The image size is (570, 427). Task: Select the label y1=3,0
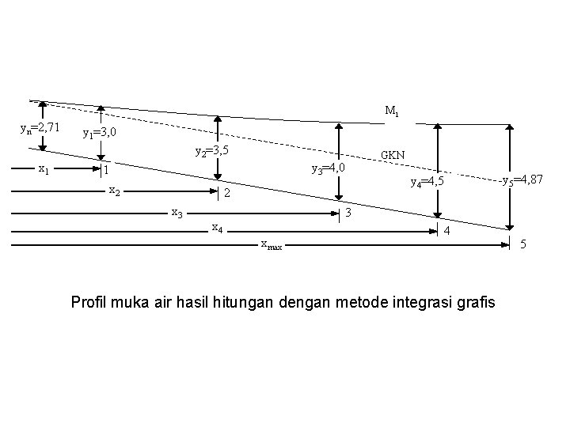click(100, 133)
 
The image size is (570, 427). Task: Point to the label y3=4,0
click(328, 168)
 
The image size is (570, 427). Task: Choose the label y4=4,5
click(431, 181)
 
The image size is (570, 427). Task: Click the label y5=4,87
click(522, 180)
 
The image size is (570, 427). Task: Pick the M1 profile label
click(392, 111)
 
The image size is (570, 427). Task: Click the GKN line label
click(393, 154)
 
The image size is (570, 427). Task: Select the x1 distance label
click(44, 168)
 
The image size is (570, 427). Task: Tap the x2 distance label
click(113, 191)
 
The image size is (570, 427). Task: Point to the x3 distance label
click(177, 212)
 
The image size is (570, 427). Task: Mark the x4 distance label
click(216, 228)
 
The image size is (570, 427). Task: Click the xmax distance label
click(271, 244)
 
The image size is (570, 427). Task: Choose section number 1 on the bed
click(105, 171)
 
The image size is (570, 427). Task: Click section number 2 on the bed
click(226, 195)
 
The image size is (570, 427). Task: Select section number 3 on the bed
click(348, 213)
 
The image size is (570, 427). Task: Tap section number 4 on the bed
click(448, 231)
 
